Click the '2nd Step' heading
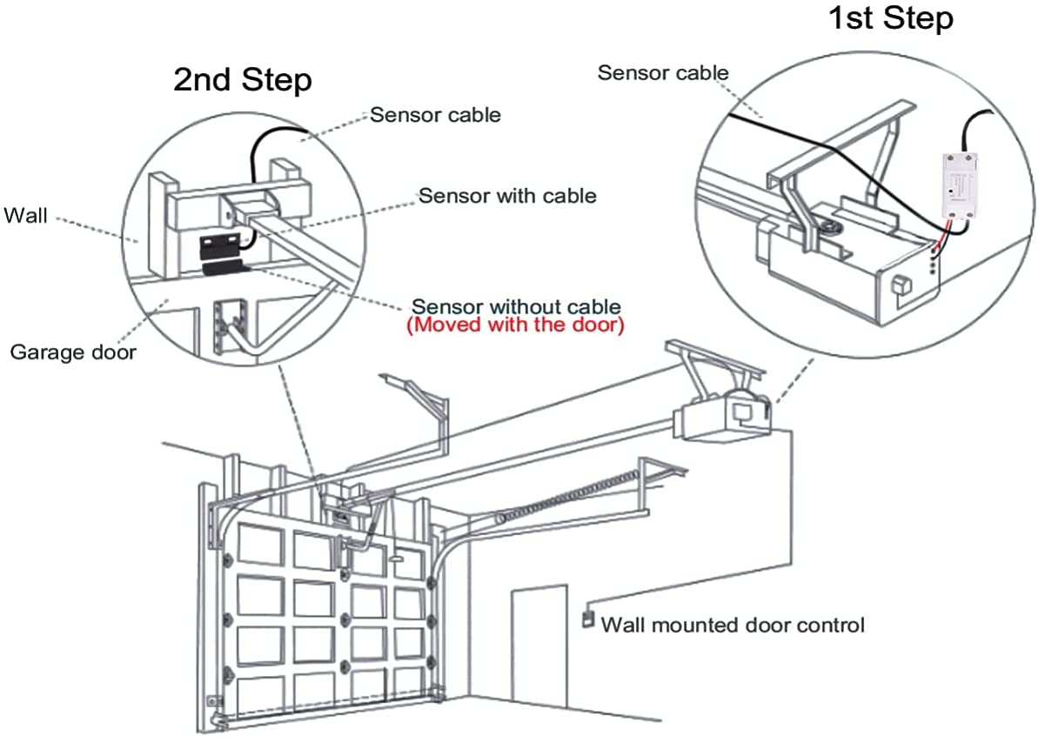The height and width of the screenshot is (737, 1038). [x=242, y=80]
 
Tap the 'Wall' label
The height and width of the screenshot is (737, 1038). [x=26, y=214]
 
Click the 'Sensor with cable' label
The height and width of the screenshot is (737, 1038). [x=507, y=196]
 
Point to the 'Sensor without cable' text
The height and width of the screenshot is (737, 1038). [x=516, y=306]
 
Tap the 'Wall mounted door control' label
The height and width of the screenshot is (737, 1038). [x=733, y=625]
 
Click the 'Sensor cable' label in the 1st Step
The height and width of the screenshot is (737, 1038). [x=662, y=73]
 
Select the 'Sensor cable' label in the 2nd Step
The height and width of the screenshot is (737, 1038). [x=435, y=115]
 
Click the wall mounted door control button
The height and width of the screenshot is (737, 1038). [x=587, y=621]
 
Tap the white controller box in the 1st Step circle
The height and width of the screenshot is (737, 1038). [x=961, y=184]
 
